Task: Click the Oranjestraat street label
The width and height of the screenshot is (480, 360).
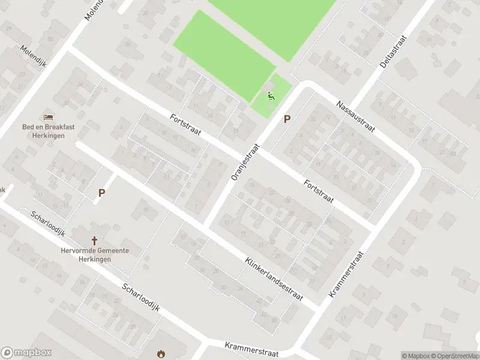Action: [245, 161]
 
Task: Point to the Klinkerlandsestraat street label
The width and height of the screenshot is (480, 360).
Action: [274, 279]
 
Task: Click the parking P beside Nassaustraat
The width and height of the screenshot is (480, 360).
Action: [287, 119]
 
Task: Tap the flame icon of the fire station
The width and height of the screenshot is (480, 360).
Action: [161, 354]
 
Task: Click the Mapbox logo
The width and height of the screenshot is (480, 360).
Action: [25, 353]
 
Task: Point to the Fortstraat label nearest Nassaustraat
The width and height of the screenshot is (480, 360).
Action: [318, 191]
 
